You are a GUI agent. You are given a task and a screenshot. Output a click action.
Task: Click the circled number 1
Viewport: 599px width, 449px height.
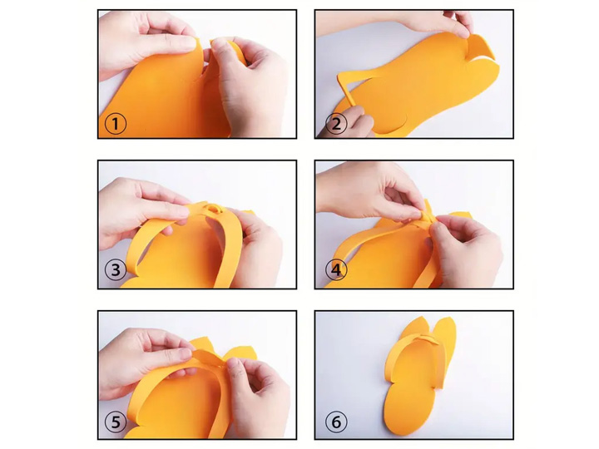(x=116, y=124)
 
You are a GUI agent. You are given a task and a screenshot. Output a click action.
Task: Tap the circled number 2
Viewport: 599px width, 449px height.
(x=336, y=124)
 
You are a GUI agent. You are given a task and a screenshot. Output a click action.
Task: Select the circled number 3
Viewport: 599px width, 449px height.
(x=116, y=270)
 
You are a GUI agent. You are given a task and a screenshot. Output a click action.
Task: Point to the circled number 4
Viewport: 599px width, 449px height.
(x=336, y=270)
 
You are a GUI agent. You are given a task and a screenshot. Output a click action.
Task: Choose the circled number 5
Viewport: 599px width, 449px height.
(x=116, y=422)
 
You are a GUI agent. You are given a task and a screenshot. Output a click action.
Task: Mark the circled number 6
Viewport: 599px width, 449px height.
(x=336, y=422)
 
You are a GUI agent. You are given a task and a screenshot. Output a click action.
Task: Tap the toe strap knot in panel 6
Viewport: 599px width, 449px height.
(x=427, y=339)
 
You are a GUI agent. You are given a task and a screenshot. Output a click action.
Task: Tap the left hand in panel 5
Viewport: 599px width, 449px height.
(x=145, y=363)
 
